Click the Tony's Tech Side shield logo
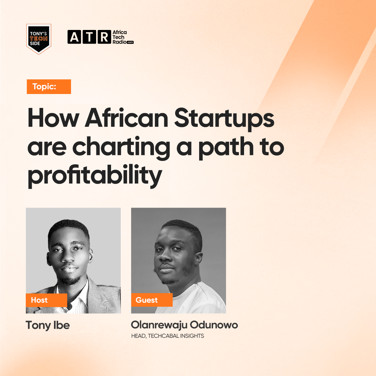(39, 39)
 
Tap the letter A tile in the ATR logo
(74, 37)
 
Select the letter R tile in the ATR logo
(104, 37)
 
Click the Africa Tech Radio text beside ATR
(123, 37)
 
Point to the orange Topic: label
(49, 87)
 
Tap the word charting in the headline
(122, 147)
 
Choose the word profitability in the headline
(95, 175)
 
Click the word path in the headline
(226, 147)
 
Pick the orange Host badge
(46, 300)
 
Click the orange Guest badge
(152, 300)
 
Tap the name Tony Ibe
(48, 326)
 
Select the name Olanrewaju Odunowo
(185, 325)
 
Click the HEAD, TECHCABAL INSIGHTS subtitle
(167, 336)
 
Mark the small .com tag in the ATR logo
(130, 42)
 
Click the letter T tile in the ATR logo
(89, 37)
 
